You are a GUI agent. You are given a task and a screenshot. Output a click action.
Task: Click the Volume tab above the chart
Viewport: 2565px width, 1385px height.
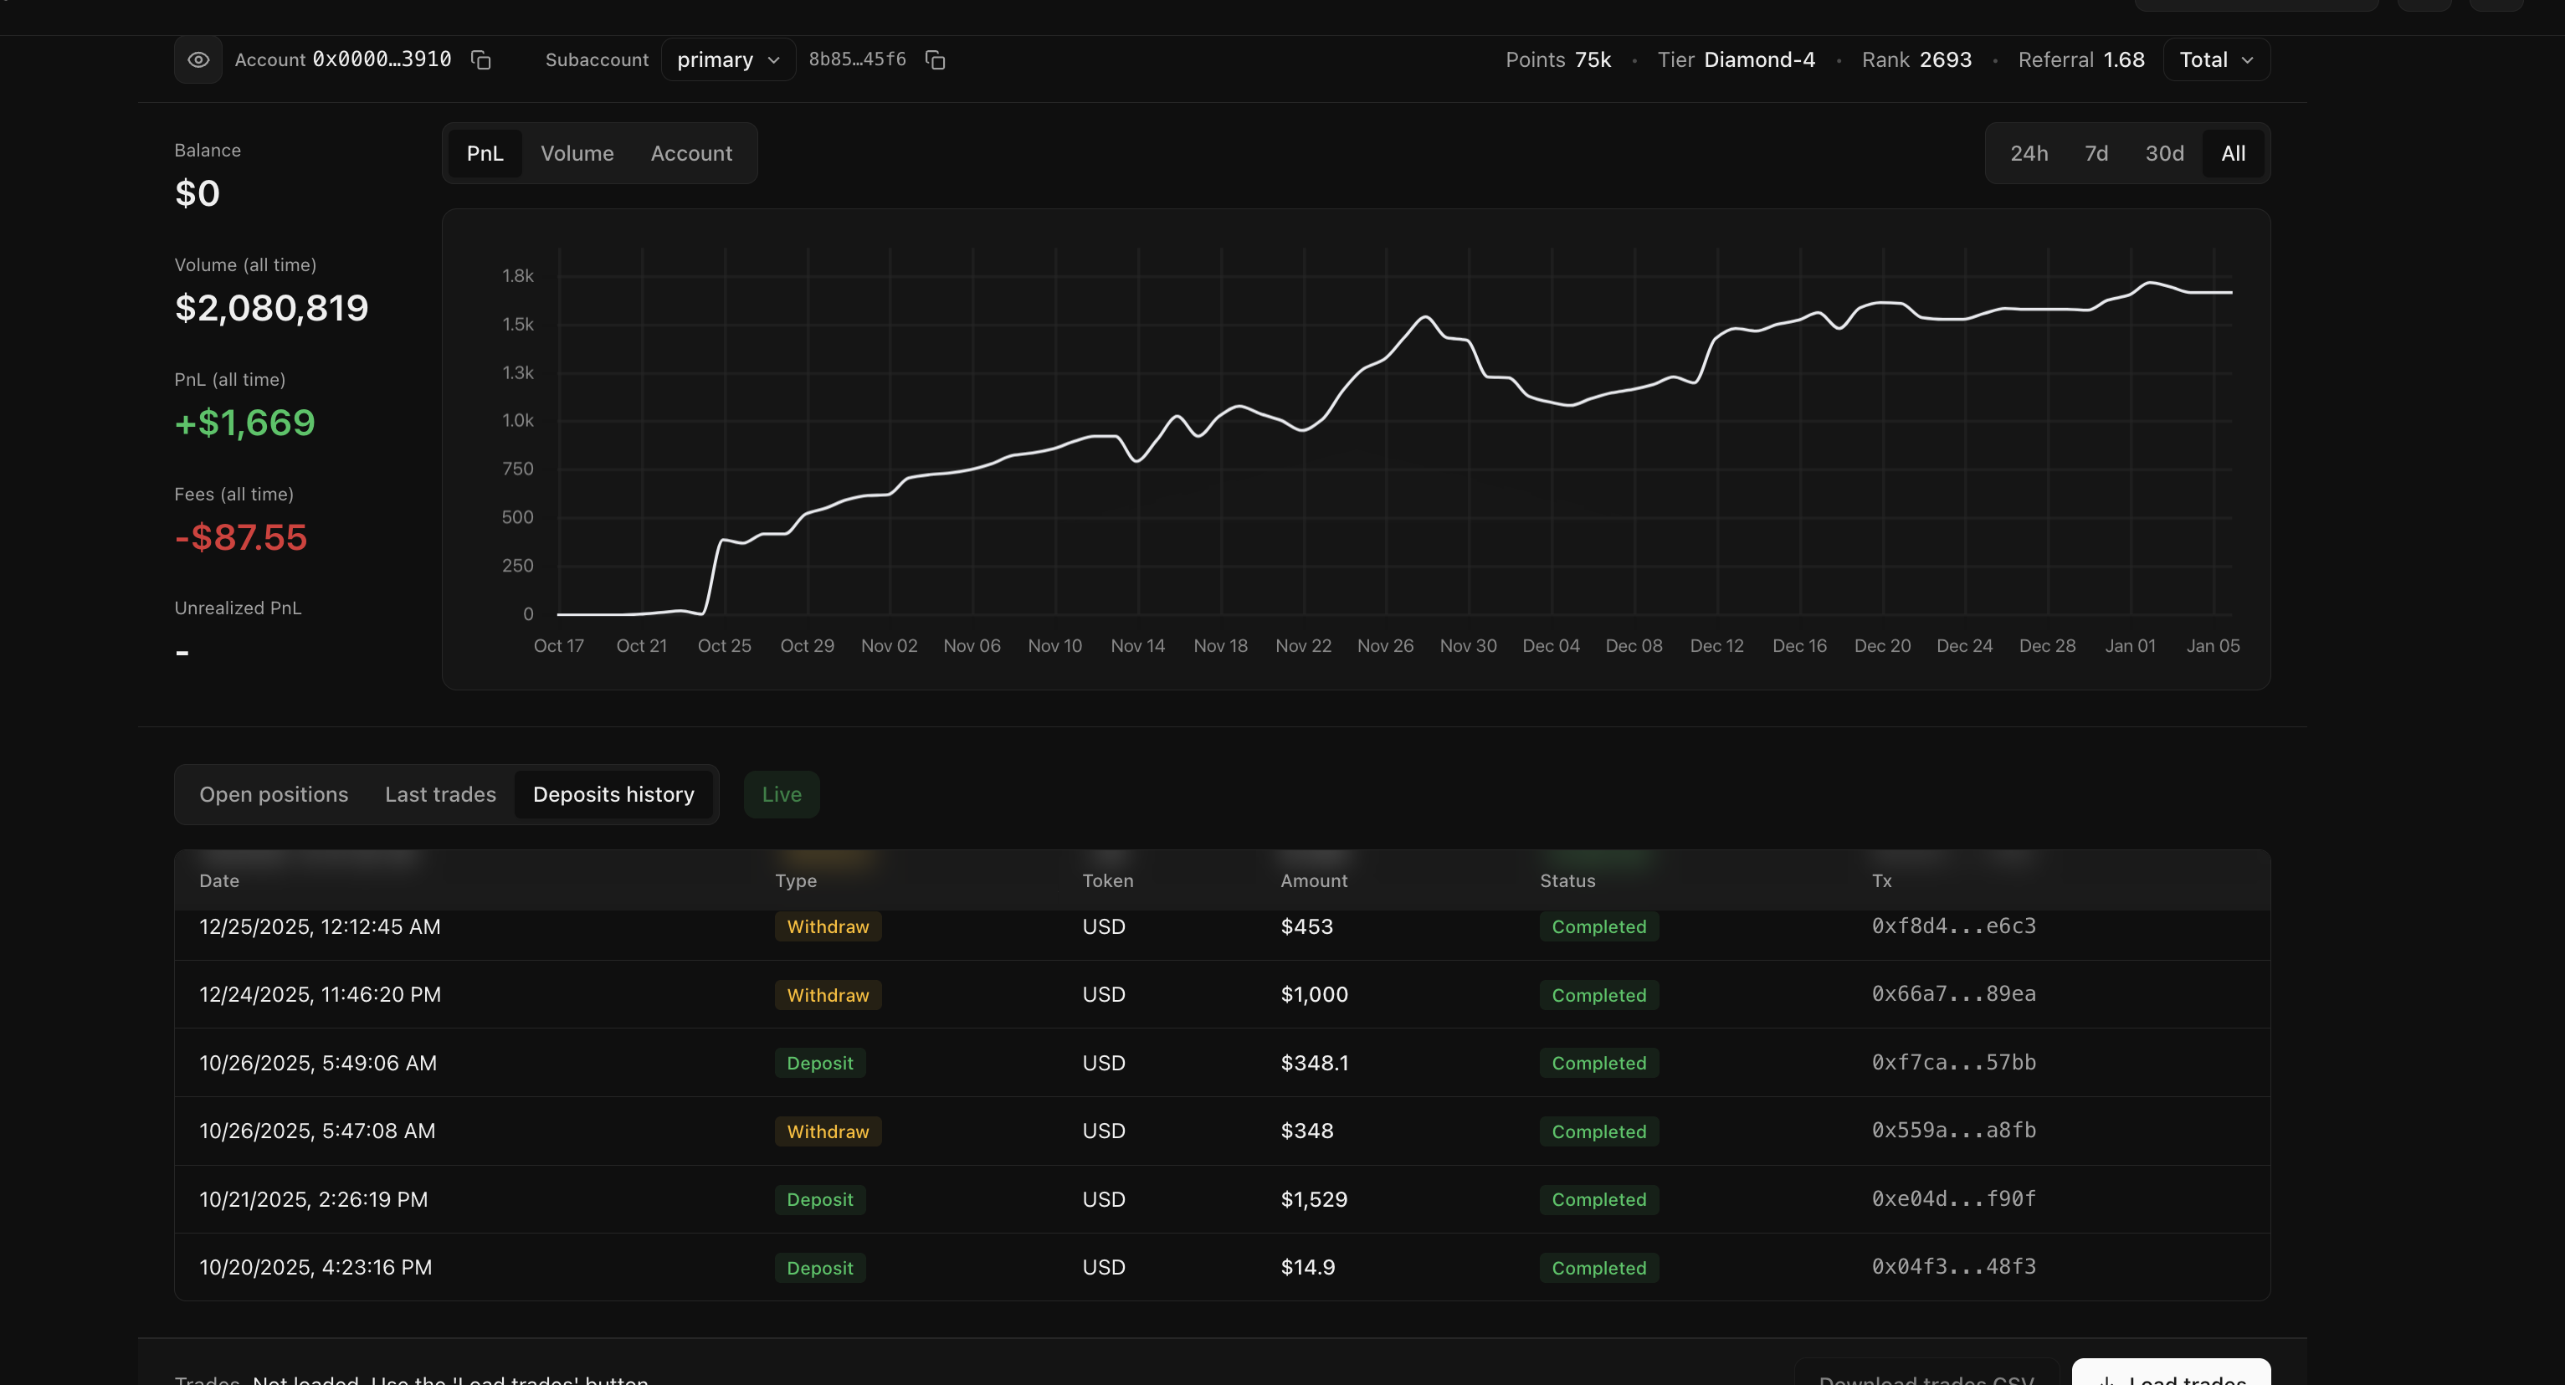coord(577,153)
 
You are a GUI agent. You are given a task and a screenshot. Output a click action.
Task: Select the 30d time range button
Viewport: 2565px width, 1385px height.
coord(2163,153)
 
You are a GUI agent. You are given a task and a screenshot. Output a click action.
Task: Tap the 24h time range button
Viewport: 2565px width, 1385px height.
coord(2029,153)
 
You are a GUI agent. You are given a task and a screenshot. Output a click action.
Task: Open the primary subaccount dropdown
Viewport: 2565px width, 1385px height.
coord(728,59)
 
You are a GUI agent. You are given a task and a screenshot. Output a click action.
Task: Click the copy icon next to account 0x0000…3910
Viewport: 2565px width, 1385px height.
coord(481,59)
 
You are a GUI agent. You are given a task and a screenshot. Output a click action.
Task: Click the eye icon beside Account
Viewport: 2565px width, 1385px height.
coord(198,59)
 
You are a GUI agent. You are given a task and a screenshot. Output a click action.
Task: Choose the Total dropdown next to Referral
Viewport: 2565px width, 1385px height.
coord(2215,59)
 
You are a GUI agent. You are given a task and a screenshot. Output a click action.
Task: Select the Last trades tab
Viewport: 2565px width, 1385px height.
coord(440,794)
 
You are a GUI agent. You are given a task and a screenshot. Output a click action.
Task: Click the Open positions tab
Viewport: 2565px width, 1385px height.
coord(274,794)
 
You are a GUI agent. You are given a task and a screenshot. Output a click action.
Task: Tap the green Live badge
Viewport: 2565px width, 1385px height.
coord(782,794)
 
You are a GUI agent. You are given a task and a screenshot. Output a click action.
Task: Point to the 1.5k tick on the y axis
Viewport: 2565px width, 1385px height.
coord(518,325)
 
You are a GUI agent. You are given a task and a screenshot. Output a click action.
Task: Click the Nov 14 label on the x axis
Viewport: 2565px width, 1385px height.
coord(1137,646)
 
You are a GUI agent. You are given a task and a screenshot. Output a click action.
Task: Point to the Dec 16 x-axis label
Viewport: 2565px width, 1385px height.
coord(1799,646)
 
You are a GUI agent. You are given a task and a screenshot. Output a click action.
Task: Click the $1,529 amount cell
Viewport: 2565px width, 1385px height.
coord(1313,1200)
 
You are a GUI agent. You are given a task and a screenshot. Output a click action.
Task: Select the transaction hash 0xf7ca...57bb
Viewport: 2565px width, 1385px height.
coord(1953,1063)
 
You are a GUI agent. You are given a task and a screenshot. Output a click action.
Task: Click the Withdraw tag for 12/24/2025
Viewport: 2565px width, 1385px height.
coord(828,996)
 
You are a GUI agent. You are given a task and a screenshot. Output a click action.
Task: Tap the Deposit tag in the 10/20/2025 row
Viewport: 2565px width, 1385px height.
coord(819,1269)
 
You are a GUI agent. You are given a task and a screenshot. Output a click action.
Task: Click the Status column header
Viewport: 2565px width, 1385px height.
coord(1567,881)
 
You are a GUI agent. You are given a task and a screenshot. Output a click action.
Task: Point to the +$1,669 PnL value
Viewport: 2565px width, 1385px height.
coord(245,423)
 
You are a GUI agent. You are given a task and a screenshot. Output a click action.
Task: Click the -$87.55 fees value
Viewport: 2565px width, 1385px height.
coord(241,537)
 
